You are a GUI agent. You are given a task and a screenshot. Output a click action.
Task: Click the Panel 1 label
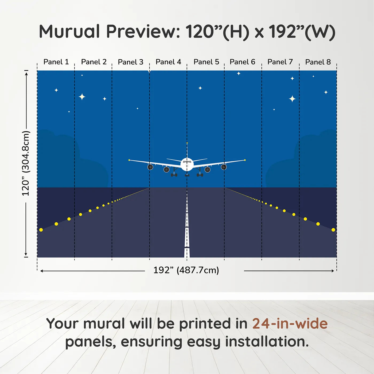[x=56, y=62]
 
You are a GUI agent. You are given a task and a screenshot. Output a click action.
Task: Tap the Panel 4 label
[x=168, y=62]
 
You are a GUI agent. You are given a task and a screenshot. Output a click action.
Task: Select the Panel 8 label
[x=318, y=62]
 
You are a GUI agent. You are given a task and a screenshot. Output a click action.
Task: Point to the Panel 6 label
[x=242, y=62]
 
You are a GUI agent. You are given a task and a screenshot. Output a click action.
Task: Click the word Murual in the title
[x=69, y=32]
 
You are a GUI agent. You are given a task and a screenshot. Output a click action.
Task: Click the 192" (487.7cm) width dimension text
[x=186, y=270]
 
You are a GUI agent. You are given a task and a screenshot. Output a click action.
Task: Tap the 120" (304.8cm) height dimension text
[x=26, y=163]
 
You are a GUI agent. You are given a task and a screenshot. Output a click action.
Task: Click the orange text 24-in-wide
[x=290, y=324]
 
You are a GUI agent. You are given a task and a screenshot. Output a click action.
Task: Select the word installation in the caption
[x=267, y=342]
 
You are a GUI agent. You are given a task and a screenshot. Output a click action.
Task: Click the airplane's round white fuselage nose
[x=187, y=164]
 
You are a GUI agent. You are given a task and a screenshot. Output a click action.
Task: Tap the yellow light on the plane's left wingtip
[x=129, y=160]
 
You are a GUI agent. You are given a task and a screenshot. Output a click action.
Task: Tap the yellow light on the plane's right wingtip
[x=245, y=160]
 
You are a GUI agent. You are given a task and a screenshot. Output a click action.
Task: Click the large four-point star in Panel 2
[x=82, y=97]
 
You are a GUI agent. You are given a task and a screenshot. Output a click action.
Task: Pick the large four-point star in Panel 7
[x=292, y=99]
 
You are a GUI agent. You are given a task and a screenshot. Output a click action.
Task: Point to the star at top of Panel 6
[x=239, y=73]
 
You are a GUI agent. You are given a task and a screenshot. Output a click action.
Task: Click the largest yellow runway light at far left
[x=41, y=230]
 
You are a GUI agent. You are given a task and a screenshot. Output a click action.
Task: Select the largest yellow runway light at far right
[x=333, y=230]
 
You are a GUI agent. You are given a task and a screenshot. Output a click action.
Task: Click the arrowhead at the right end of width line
[x=333, y=271]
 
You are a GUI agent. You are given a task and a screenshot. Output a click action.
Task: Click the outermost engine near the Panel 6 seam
[x=224, y=167]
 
